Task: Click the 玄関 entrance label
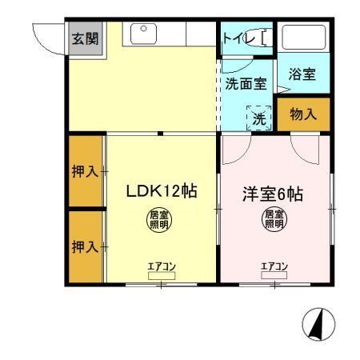click(x=84, y=38)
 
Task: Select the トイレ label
click(x=238, y=36)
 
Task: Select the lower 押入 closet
click(x=84, y=246)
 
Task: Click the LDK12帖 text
click(x=162, y=192)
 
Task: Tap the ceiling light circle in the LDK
click(x=160, y=218)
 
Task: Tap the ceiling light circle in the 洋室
click(x=274, y=218)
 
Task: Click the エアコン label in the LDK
click(x=160, y=266)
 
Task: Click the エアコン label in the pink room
click(x=274, y=266)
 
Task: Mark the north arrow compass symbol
click(x=317, y=323)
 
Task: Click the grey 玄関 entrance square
click(x=84, y=38)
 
